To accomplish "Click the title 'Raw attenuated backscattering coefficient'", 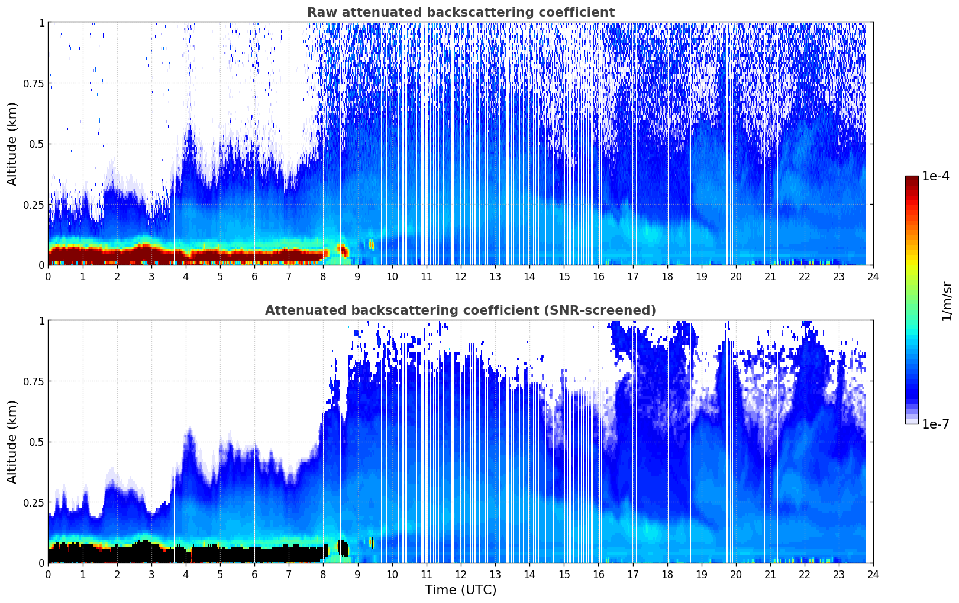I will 460,12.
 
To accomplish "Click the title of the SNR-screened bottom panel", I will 460,310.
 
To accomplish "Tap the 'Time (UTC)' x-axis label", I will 460,590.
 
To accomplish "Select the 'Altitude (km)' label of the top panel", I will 12,144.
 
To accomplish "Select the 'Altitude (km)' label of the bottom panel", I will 12,442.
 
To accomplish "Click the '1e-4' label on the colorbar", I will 935,176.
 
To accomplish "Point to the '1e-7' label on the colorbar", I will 935,424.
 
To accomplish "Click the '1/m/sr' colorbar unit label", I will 947,301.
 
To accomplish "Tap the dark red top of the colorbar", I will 912,180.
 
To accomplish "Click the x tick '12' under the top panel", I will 461,276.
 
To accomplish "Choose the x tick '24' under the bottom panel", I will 873,574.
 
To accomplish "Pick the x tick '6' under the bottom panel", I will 254,574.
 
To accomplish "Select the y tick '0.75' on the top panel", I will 34,83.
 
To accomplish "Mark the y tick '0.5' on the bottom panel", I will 38,442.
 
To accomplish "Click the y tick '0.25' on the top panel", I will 34,205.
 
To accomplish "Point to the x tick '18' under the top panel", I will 667,276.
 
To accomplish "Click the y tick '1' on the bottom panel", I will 41,320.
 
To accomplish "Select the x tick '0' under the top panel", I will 49,276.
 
